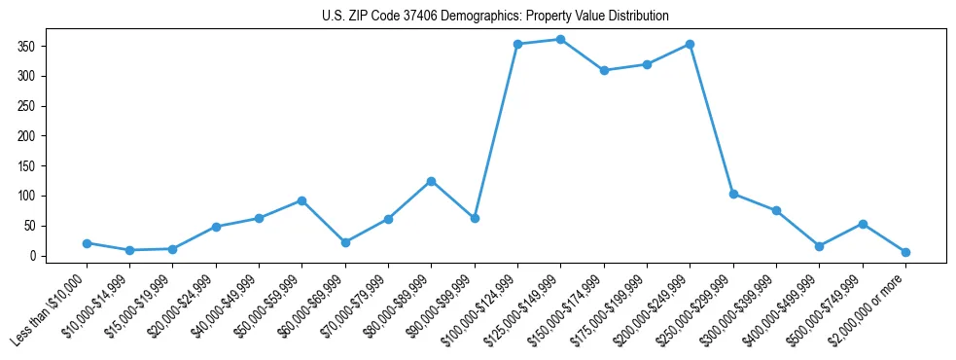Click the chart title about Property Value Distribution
[495, 16]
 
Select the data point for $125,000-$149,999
[560, 39]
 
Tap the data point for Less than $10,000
[87, 243]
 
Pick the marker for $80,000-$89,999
[431, 181]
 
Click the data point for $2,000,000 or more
[905, 252]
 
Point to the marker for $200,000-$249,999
[690, 44]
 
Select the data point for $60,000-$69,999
[345, 242]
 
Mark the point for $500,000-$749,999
[862, 224]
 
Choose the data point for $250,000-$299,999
[733, 194]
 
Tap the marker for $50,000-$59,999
[301, 200]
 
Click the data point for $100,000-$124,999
[517, 44]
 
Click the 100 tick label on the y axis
[31, 196]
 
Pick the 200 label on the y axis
[31, 136]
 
